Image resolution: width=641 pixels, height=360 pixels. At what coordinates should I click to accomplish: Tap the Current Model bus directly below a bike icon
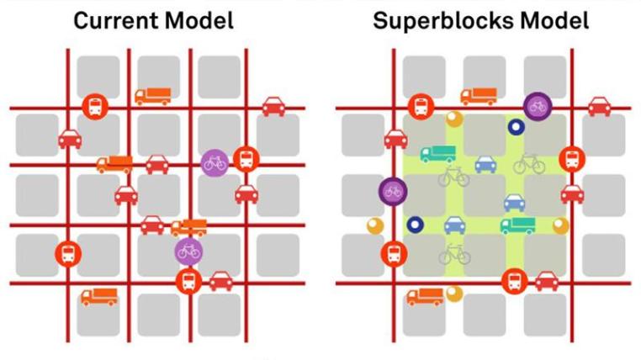point(188,281)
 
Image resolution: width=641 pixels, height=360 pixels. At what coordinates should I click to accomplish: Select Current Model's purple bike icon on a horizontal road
point(215,161)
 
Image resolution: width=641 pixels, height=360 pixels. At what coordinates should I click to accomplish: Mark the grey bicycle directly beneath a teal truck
point(453,177)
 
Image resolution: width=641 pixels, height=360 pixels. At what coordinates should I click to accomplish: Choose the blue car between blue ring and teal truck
point(454,225)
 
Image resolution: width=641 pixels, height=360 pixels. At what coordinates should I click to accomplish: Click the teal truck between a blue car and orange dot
point(517,225)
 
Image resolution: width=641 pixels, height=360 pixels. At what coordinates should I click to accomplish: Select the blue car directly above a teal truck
point(514,203)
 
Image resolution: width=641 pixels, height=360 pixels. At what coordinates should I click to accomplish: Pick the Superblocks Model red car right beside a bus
point(547,280)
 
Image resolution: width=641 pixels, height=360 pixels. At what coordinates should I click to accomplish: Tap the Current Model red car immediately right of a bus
point(221,280)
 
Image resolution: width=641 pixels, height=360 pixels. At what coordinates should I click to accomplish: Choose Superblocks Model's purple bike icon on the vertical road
point(392,191)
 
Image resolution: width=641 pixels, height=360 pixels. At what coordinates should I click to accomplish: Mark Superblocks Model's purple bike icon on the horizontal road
point(537,106)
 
